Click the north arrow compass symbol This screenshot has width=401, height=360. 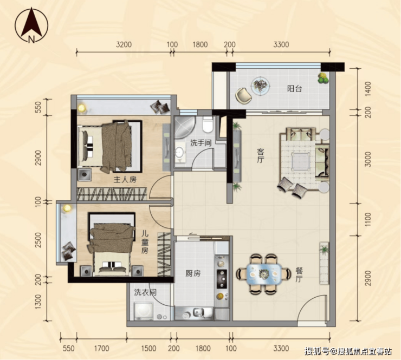click(x=31, y=25)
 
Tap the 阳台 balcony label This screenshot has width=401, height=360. click(x=294, y=89)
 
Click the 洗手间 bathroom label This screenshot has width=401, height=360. click(x=200, y=143)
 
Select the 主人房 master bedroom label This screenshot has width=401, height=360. click(x=125, y=180)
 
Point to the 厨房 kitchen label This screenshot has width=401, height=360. click(x=193, y=273)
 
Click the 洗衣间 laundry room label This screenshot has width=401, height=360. click(x=145, y=292)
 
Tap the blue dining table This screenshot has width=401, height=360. click(x=264, y=273)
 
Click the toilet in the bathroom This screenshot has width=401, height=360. click(x=208, y=125)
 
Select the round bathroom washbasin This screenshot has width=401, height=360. click(x=180, y=153)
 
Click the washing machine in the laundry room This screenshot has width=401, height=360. click(x=144, y=311)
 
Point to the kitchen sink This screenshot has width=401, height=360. click(x=198, y=312)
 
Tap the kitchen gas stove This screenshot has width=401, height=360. click(x=222, y=278)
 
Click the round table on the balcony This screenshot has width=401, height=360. click(x=260, y=86)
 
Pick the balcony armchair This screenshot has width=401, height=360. click(x=243, y=96)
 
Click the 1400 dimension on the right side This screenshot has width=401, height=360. click(x=368, y=89)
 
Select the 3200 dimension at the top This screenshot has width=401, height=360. click(x=124, y=44)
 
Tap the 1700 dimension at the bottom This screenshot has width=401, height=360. click(x=101, y=348)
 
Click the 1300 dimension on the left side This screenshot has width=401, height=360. click(x=37, y=302)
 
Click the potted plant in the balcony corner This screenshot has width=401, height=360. click(x=324, y=78)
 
